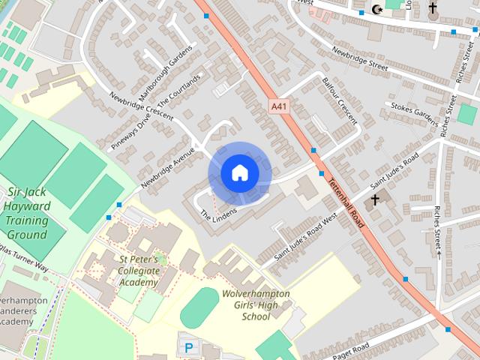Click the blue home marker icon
point(239,173)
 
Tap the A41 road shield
point(279,107)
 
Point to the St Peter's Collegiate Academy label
point(139,271)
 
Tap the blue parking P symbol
point(188,347)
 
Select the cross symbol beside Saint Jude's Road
point(374,201)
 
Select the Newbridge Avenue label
point(166,166)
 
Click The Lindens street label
point(218,213)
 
